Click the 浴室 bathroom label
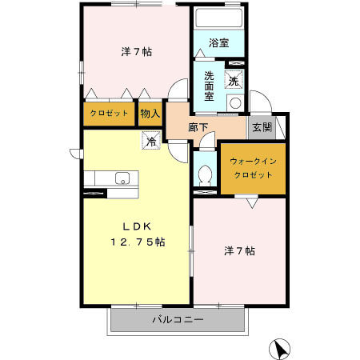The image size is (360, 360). pos(219,43)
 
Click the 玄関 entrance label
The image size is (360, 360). pos(262,126)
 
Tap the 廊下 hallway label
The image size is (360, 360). pos(198,127)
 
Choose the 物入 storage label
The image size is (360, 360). pos(150,114)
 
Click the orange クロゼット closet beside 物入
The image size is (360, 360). pos(110,114)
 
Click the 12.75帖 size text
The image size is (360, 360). pos(137,242)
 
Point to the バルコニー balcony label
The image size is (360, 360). pos(178,320)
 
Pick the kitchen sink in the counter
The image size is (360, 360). pos(122,177)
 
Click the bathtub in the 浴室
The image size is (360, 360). pos(218,19)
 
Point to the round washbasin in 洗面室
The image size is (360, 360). pos(235,102)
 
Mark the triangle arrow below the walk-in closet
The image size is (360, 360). pos(251,204)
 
